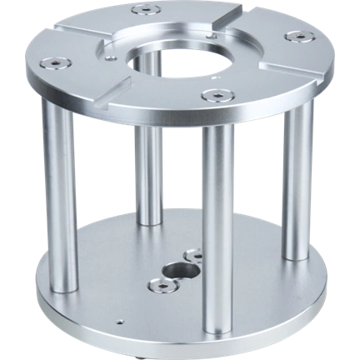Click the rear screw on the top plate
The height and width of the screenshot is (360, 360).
pyautogui.click(x=146, y=10)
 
